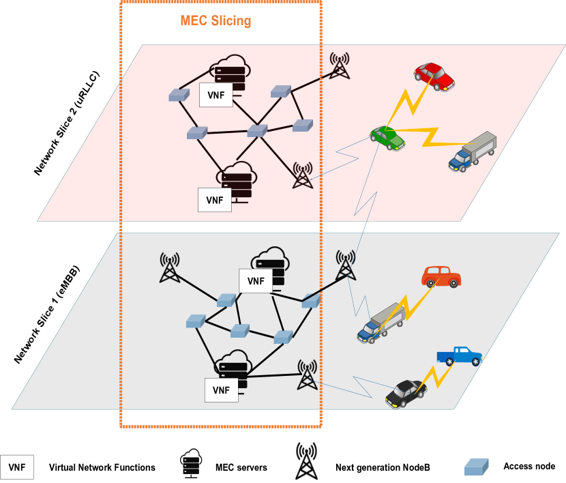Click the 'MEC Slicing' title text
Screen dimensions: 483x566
215,20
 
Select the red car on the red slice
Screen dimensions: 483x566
435,76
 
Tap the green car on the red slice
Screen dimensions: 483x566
387,138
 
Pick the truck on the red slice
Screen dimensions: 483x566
473,151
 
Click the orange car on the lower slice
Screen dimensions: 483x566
441,276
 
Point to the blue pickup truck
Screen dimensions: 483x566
459,356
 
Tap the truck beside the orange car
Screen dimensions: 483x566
381,323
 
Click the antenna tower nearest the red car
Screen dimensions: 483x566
340,65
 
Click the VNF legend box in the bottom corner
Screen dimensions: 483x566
17,467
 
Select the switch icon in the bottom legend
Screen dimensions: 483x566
476,467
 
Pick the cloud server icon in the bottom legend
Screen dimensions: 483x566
191,463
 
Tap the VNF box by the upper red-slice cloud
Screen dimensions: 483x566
215,95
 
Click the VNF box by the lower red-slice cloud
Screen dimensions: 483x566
214,200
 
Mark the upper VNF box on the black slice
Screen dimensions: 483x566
256,280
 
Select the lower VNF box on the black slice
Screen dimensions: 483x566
221,390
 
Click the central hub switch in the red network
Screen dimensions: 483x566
257,130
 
